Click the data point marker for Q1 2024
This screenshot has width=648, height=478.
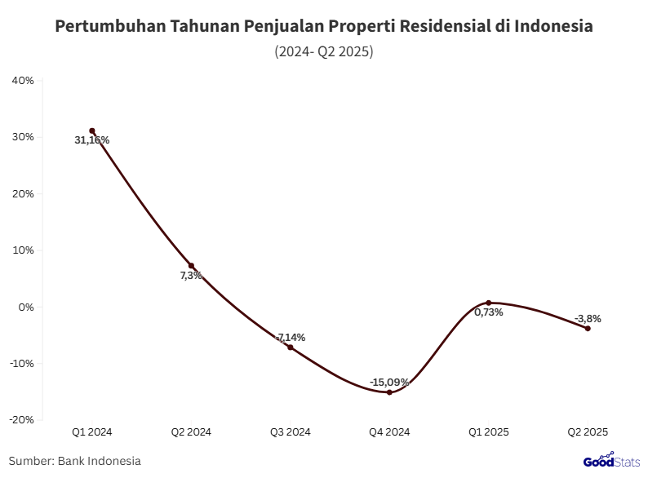tap(92, 131)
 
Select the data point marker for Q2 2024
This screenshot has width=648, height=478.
tap(191, 266)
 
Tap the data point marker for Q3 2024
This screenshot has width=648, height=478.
tap(291, 347)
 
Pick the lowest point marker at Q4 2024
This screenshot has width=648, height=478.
tap(389, 392)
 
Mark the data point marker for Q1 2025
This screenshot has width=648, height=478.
tap(489, 303)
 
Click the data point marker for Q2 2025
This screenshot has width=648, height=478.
tap(588, 329)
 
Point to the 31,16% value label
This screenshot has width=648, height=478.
tap(91, 140)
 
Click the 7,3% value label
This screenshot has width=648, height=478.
tap(191, 276)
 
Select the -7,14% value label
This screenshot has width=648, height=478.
tap(291, 337)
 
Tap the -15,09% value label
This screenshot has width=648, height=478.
tap(389, 382)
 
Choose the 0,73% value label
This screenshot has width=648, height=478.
tap(489, 312)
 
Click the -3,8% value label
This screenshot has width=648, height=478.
tap(588, 318)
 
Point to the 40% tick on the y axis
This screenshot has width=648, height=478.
tap(22, 81)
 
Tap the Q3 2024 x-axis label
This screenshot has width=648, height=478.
tap(291, 432)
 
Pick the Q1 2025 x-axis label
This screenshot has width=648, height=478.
tap(489, 432)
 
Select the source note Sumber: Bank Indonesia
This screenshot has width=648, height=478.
tap(75, 461)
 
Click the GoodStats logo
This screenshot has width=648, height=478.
tap(610, 461)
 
